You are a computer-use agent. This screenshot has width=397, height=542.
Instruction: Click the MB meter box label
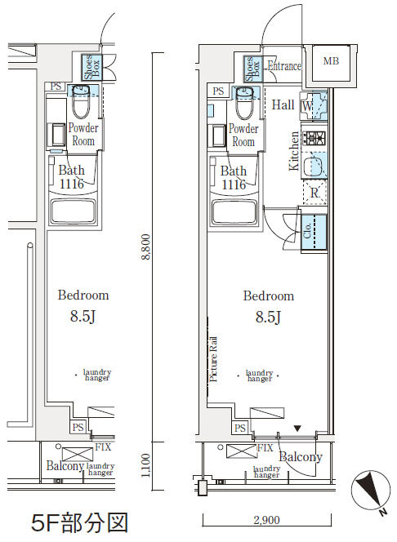pyautogui.click(x=331, y=61)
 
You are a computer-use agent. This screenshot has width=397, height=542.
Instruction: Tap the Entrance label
pyautogui.click(x=284, y=65)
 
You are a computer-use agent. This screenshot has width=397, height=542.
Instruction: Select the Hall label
pyautogui.click(x=283, y=104)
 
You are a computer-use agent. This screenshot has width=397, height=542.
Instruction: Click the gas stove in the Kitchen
pyautogui.click(x=314, y=138)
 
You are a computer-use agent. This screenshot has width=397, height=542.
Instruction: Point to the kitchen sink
pyautogui.click(x=314, y=165)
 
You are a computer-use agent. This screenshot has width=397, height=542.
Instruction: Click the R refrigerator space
pyautogui.click(x=314, y=192)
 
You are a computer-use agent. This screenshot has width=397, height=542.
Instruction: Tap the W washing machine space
pyautogui.click(x=314, y=105)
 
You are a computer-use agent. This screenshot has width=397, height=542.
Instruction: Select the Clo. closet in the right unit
pyautogui.click(x=314, y=232)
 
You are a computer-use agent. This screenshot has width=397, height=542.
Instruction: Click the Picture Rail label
pyautogui.click(x=213, y=359)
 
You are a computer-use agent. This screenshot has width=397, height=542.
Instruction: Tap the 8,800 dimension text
pyautogui.click(x=146, y=247)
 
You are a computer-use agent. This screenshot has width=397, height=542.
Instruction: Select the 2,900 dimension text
pyautogui.click(x=266, y=520)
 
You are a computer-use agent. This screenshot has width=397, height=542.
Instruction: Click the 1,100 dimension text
pyautogui.click(x=146, y=465)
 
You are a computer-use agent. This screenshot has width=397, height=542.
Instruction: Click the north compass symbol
pyautogui.click(x=368, y=491)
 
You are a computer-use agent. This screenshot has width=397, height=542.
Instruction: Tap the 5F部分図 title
pyautogui.click(x=79, y=522)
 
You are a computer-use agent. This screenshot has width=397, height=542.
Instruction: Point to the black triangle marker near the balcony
pyautogui.click(x=297, y=429)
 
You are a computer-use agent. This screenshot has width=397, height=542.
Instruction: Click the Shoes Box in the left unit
pyautogui.click(x=92, y=68)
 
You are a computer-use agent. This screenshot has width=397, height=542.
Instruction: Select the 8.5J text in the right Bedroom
pyautogui.click(x=268, y=317)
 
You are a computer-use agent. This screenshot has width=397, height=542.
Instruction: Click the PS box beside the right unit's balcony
pyautogui.click(x=240, y=428)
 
